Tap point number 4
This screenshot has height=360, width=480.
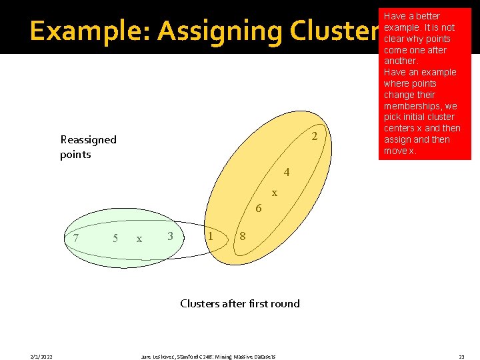tap(287, 173)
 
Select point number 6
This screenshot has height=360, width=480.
tap(259, 209)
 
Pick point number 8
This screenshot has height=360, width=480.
tap(243, 236)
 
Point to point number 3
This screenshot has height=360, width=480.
tap(171, 236)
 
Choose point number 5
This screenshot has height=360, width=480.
tap(115, 238)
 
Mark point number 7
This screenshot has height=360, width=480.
tap(77, 238)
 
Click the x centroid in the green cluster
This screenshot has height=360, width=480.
tap(139, 239)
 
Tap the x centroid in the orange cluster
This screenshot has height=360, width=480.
tap(274, 193)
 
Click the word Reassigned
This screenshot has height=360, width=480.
tap(88, 140)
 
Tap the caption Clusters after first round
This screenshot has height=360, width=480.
tap(240, 303)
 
